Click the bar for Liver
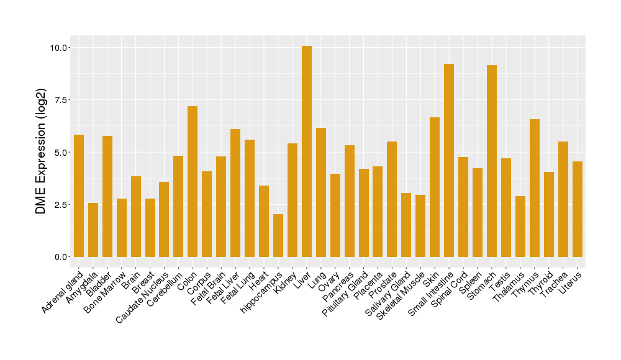[x=307, y=151]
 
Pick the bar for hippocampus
[x=278, y=235]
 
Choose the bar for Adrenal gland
[x=79, y=196]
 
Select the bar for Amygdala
[x=93, y=230]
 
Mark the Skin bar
[x=435, y=187]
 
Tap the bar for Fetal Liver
[x=235, y=193]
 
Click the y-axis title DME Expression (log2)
[x=41, y=151]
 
